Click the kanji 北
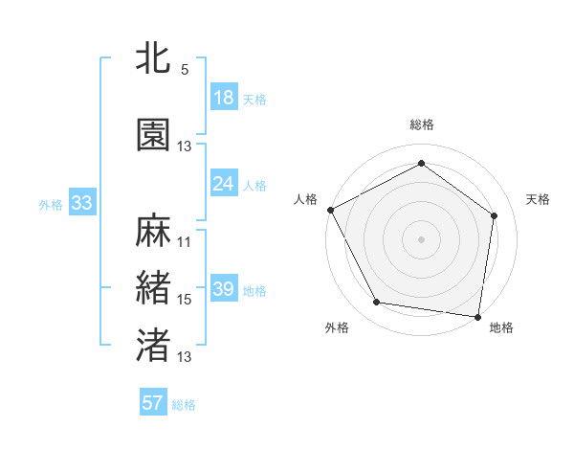click(x=154, y=57)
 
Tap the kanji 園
click(x=154, y=135)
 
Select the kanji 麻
click(x=154, y=231)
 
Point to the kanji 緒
click(x=154, y=288)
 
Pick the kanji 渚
click(x=154, y=346)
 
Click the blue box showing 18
click(x=224, y=97)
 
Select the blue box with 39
click(x=224, y=288)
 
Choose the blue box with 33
click(x=81, y=202)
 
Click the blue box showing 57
click(x=153, y=403)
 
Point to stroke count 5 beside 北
click(x=185, y=70)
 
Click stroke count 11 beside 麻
click(x=185, y=242)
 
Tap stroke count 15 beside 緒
click(x=185, y=300)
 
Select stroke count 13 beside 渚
click(x=185, y=357)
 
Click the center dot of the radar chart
click(x=421, y=238)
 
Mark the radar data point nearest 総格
click(x=421, y=164)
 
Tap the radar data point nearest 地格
click(x=477, y=316)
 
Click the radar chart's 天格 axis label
click(x=538, y=199)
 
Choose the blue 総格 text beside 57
click(x=184, y=405)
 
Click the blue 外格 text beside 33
click(x=51, y=204)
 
